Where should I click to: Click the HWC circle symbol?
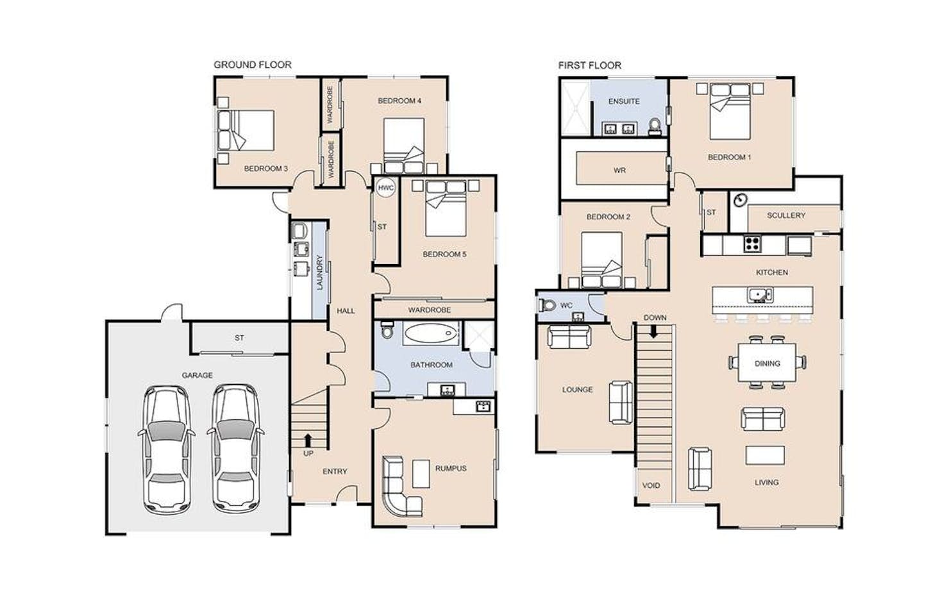click(x=385, y=188)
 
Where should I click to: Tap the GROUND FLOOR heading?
click(x=253, y=65)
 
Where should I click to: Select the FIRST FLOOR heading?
click(x=590, y=65)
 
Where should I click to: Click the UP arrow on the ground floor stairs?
click(x=308, y=440)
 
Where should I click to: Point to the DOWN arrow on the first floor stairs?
click(x=653, y=331)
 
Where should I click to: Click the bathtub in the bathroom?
click(x=430, y=333)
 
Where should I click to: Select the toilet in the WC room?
click(x=548, y=305)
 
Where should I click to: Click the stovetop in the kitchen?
click(x=752, y=244)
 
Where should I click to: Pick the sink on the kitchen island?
click(x=760, y=294)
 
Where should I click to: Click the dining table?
click(x=767, y=363)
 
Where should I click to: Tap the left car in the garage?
click(x=167, y=450)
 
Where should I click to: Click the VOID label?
click(x=651, y=485)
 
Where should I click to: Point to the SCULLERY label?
click(x=786, y=215)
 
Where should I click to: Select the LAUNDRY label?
click(x=320, y=272)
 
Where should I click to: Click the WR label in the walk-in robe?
click(x=619, y=171)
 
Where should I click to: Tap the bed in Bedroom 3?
click(x=246, y=131)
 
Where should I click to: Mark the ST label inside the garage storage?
click(x=239, y=338)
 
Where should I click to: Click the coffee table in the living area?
click(x=765, y=455)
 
